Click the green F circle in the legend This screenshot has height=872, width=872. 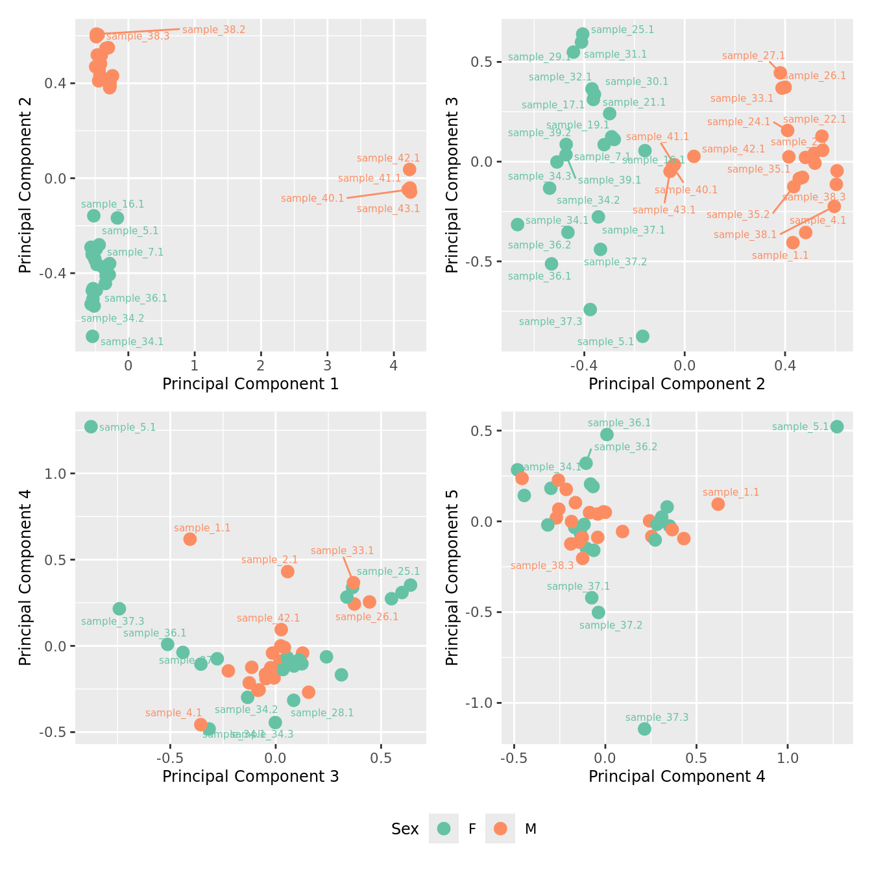click(444, 829)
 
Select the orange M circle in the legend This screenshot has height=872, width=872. click(500, 829)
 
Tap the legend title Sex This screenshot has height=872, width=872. click(405, 829)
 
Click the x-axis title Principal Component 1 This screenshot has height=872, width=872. click(250, 384)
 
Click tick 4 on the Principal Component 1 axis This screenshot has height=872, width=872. click(394, 365)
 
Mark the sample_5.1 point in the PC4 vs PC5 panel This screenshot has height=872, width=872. click(837, 426)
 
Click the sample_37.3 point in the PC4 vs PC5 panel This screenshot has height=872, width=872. click(644, 729)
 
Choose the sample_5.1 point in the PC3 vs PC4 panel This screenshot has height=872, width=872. click(91, 426)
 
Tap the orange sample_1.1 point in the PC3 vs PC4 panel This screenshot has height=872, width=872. click(189, 539)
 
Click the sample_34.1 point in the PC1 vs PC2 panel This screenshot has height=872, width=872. click(93, 336)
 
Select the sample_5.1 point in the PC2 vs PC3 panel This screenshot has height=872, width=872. click(642, 336)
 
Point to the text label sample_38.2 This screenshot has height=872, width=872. click(213, 30)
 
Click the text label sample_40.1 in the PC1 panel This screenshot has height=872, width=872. click(312, 199)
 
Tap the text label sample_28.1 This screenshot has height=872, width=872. click(322, 713)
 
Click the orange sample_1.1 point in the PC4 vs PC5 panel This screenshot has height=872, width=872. click(718, 504)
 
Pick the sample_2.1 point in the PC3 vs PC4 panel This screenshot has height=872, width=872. click(287, 572)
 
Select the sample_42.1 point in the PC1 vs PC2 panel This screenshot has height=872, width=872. click(409, 169)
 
